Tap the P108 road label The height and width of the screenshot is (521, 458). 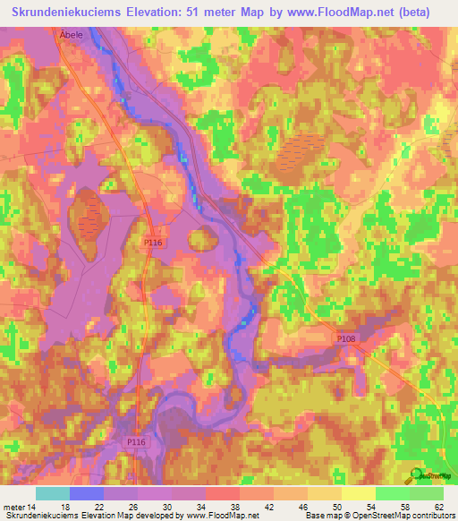point(346,338)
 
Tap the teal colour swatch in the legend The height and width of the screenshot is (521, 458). point(53,493)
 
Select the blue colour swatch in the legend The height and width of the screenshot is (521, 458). point(87,493)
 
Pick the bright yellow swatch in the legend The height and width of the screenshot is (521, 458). point(358,493)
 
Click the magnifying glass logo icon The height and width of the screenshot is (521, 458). point(415,476)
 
